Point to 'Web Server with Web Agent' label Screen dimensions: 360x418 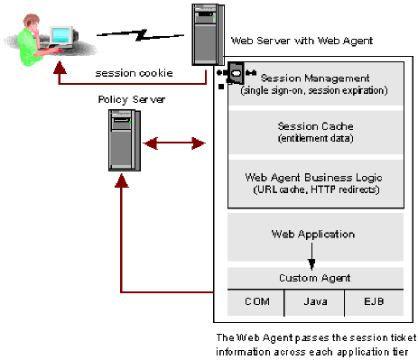pyautogui.click(x=302, y=41)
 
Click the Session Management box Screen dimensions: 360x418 pyautogui.click(x=312, y=84)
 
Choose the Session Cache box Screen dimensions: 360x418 pyautogui.click(x=312, y=133)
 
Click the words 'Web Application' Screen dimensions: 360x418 pyautogui.click(x=312, y=234)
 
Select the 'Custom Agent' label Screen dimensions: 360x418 pyautogui.click(x=312, y=277)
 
